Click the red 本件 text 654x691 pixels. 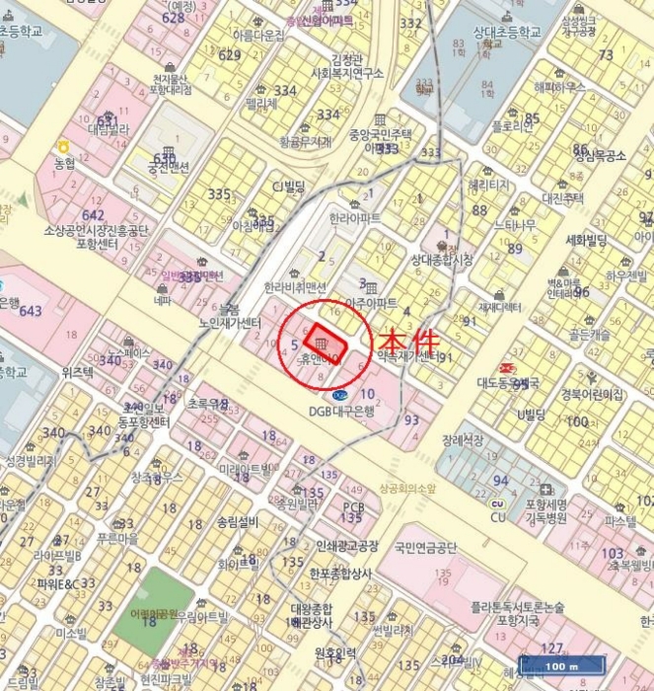point(409,341)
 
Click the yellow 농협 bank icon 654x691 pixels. point(64,145)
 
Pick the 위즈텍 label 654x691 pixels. point(77,372)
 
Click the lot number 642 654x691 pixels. point(94,214)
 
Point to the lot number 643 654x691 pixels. point(31,311)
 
